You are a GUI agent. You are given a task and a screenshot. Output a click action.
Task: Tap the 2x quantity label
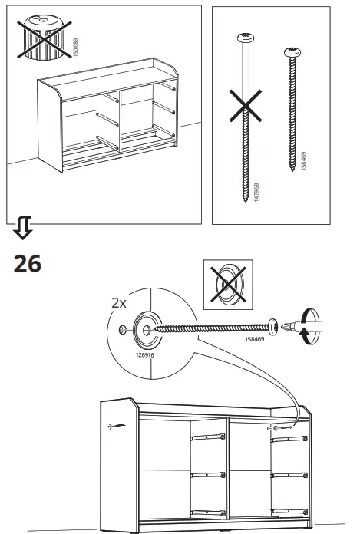(x=118, y=302)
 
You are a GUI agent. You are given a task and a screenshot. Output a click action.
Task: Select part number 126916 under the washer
(x=144, y=355)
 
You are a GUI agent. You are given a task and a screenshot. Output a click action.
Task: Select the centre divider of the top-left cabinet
(x=118, y=122)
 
